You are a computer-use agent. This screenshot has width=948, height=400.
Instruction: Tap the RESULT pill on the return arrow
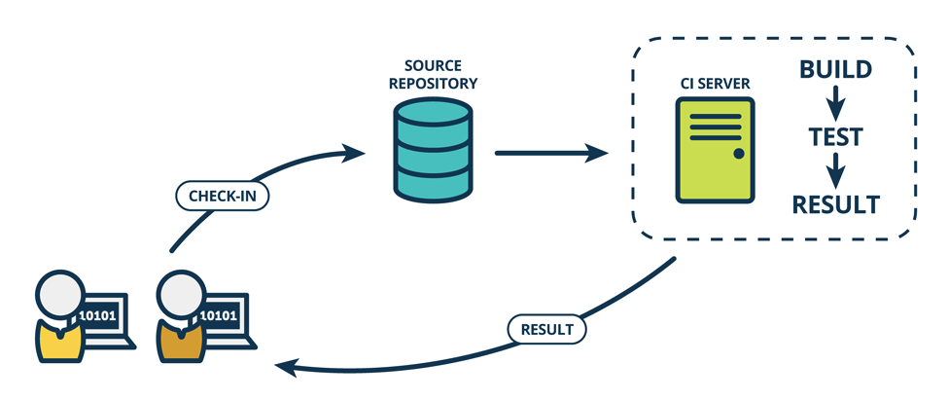(548, 329)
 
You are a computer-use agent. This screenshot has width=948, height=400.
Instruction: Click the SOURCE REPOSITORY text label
(433, 75)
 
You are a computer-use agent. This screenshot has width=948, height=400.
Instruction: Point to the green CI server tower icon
(715, 154)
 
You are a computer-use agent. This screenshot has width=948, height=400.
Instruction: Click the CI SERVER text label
(715, 85)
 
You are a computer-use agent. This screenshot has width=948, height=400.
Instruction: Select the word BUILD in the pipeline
(834, 70)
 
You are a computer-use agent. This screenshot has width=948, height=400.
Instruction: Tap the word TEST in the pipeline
(835, 137)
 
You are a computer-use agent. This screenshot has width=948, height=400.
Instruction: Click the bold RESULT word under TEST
(835, 204)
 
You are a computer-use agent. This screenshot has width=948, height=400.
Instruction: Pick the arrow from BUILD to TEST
(834, 102)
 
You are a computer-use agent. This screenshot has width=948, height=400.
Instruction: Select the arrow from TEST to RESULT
(834, 170)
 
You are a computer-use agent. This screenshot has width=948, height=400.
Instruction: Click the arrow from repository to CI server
(549, 153)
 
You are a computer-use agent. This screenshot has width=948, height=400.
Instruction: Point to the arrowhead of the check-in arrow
(356, 153)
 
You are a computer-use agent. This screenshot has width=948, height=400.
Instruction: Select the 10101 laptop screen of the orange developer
(220, 315)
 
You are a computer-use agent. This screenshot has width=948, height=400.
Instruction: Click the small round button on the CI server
(738, 155)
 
